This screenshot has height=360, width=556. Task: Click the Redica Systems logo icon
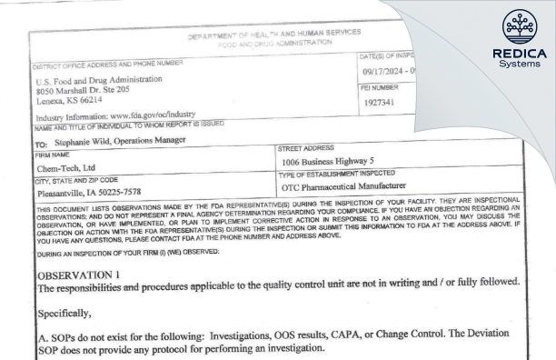pos(515,25)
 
